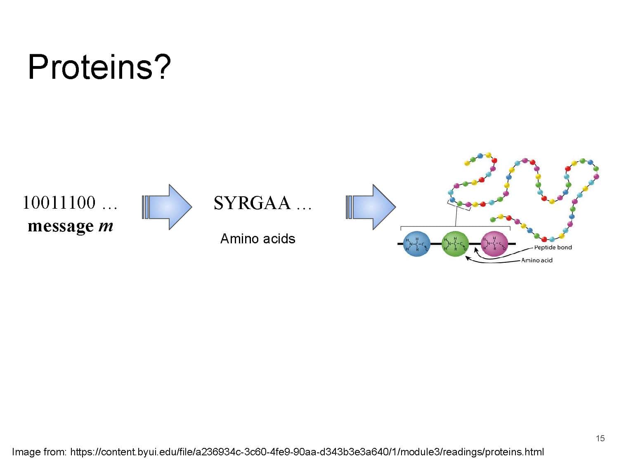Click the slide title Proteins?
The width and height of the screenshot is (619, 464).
(x=99, y=67)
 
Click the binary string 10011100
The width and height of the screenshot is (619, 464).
(x=59, y=203)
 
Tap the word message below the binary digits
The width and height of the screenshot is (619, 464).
(x=61, y=226)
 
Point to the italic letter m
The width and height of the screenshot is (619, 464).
(x=106, y=226)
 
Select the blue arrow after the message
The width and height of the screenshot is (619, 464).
(x=167, y=207)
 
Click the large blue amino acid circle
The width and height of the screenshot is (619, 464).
(x=416, y=244)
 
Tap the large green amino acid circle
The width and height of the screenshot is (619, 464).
(x=455, y=244)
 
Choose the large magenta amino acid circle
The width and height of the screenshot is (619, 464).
(x=494, y=244)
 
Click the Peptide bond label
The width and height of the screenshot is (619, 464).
(x=553, y=247)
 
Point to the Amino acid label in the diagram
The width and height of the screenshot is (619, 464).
(x=536, y=260)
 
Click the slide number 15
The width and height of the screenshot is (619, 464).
(x=600, y=438)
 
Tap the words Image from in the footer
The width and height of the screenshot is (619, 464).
(x=39, y=452)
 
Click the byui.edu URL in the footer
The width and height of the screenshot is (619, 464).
(x=307, y=452)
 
